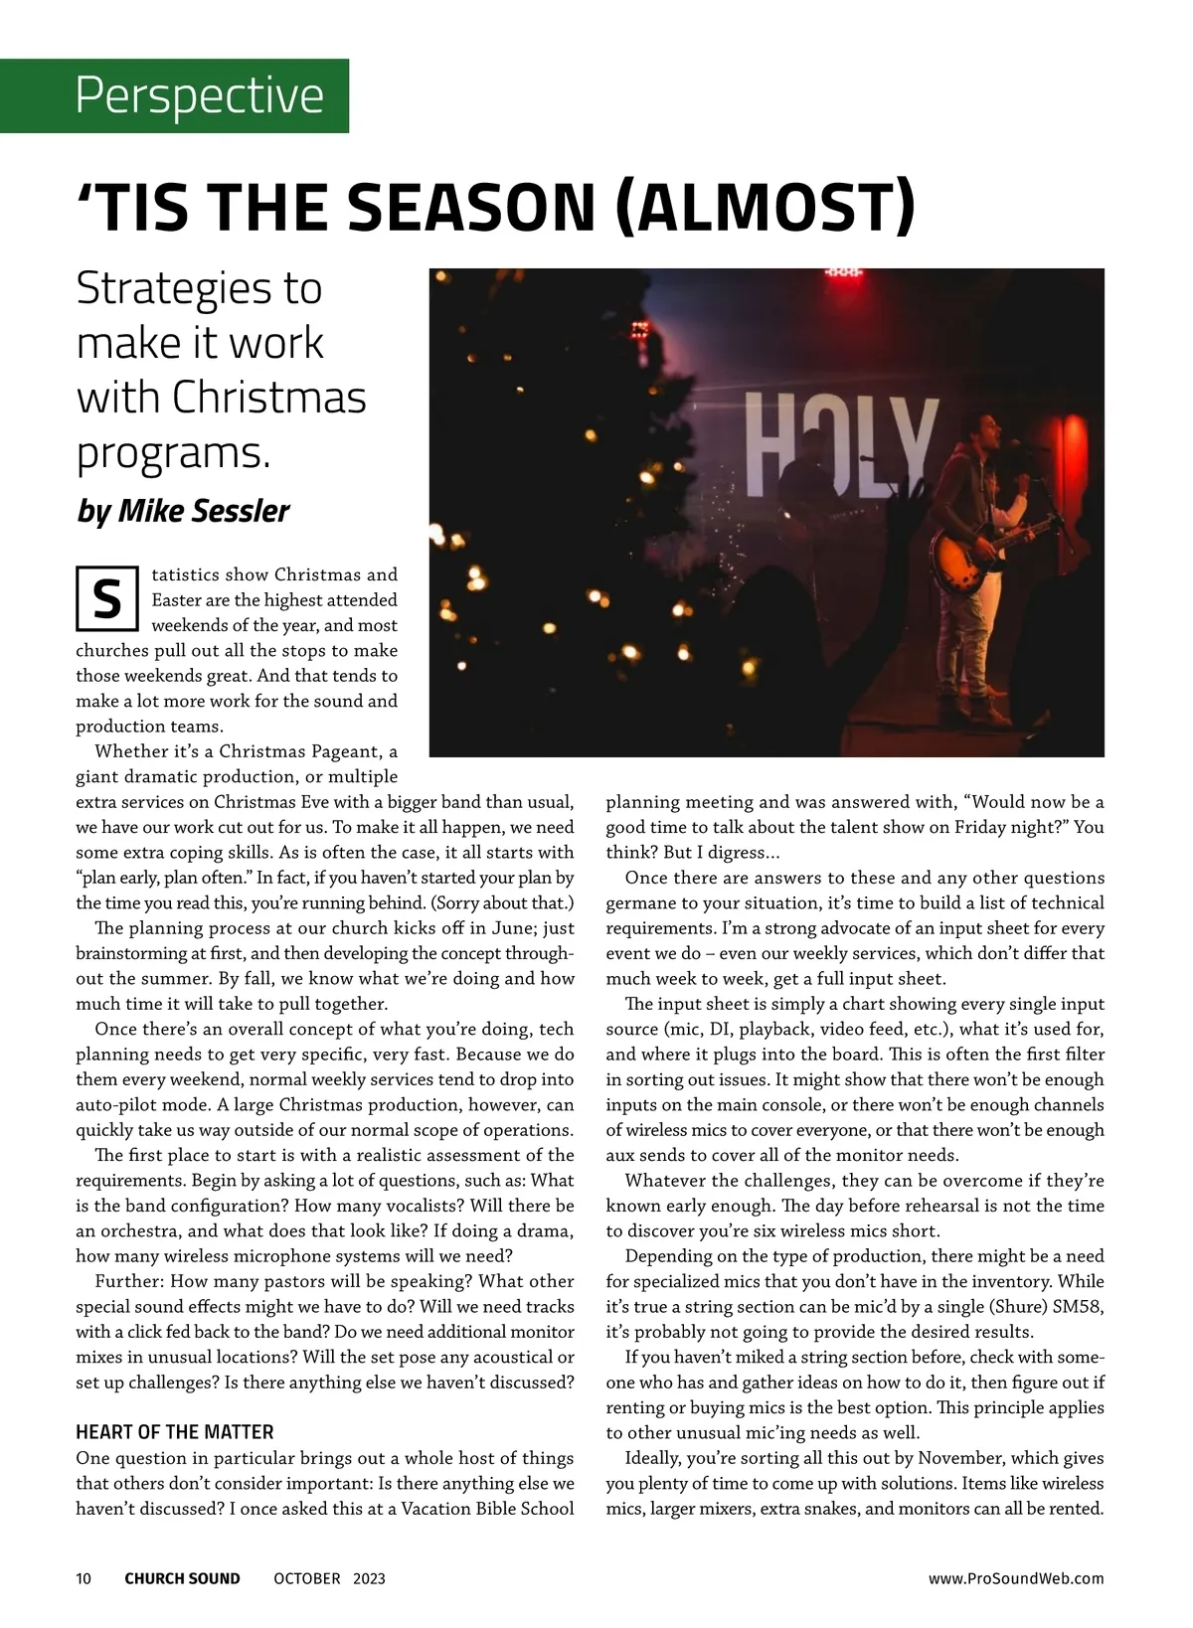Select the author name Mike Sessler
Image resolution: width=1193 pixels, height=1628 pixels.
point(204,511)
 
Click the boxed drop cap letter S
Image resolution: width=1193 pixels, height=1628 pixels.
point(106,599)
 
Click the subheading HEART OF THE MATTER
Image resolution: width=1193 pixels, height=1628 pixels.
point(175,1432)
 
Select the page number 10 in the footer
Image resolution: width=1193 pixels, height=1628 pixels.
point(84,1578)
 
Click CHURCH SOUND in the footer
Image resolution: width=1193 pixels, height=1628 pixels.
point(182,1578)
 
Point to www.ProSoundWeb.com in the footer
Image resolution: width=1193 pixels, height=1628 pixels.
point(1015,1578)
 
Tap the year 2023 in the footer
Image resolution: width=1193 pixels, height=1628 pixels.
point(369,1578)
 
